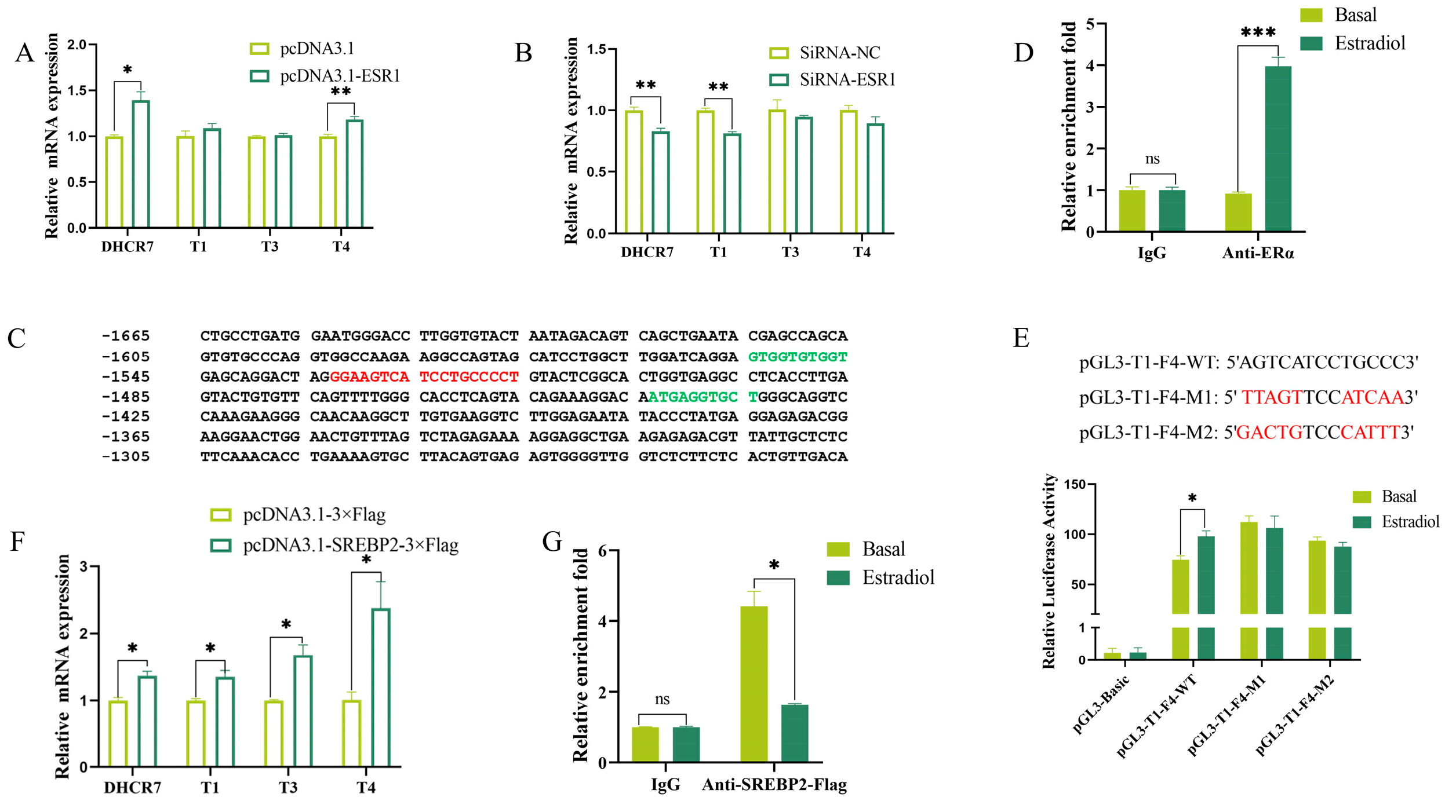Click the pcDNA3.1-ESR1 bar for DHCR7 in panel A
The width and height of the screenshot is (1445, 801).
click(141, 164)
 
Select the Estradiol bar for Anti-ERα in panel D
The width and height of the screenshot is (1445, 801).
click(1278, 149)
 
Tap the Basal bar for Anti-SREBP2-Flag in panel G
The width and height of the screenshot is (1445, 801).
click(754, 684)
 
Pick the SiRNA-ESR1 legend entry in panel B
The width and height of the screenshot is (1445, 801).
click(832, 79)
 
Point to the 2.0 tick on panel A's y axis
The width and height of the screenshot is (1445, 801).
click(77, 45)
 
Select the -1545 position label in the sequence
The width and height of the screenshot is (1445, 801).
click(126, 376)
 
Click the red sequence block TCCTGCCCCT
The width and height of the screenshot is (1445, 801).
click(469, 376)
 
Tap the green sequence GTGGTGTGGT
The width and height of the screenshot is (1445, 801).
click(798, 357)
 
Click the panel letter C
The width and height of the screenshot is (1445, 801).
click(16, 338)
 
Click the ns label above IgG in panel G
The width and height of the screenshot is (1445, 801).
click(662, 699)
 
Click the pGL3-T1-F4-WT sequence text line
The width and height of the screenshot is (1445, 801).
click(1248, 363)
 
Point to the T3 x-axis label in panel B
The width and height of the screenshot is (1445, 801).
click(790, 252)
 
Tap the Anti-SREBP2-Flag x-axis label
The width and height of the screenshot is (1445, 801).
click(774, 785)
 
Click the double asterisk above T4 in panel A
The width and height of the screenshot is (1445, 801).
click(341, 92)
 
